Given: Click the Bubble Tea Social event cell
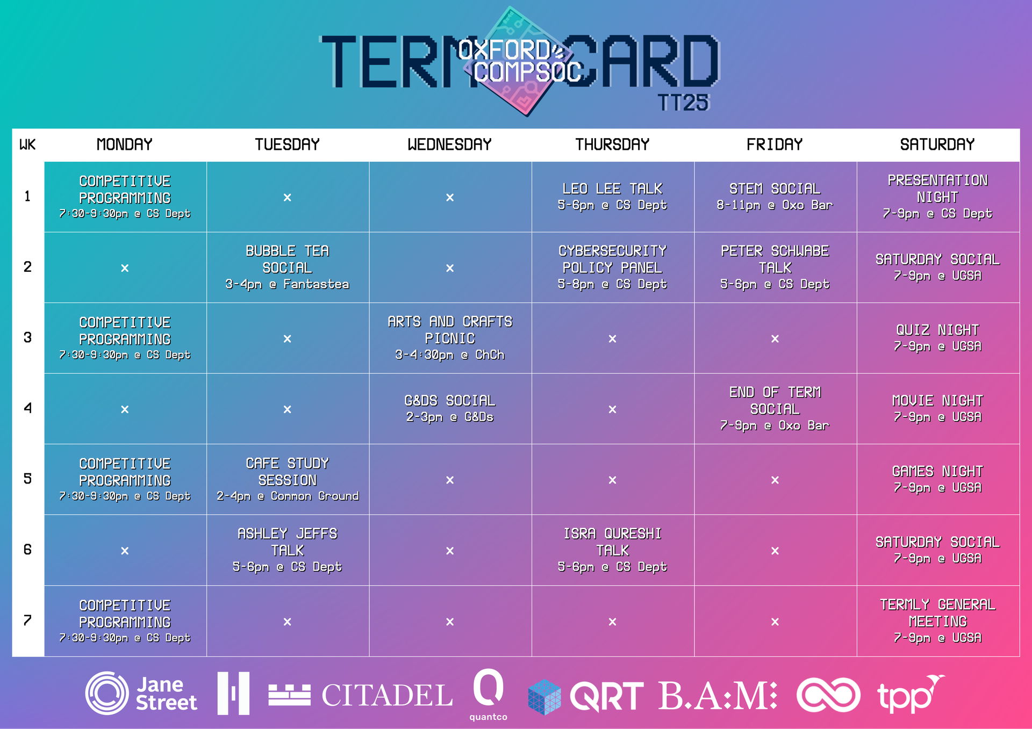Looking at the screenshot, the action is coord(288,268).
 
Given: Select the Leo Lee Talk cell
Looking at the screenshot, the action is coord(613,197).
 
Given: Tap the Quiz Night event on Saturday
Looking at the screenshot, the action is coord(938,338).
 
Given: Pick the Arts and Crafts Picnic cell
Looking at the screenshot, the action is coord(450,338).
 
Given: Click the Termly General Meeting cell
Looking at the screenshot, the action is coord(938,621).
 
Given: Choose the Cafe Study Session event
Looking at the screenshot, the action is coord(288,479).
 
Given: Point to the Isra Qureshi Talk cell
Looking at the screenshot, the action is coord(613,550).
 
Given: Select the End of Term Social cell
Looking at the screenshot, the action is coord(775,409).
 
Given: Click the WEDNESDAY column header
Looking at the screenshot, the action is coord(450,145).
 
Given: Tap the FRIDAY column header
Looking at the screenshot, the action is coord(775,145).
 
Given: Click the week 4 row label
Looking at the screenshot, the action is coord(27,408).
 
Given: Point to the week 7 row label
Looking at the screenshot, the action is coord(27,620).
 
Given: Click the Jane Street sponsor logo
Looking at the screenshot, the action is coord(141,694).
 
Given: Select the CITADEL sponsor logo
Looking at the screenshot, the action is coord(361,695).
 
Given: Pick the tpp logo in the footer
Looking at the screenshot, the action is coord(911,694).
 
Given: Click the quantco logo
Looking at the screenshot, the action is coord(488,695).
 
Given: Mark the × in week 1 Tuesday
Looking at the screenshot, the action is coord(288,197).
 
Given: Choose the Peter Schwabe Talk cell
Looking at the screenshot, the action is coord(775,268).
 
